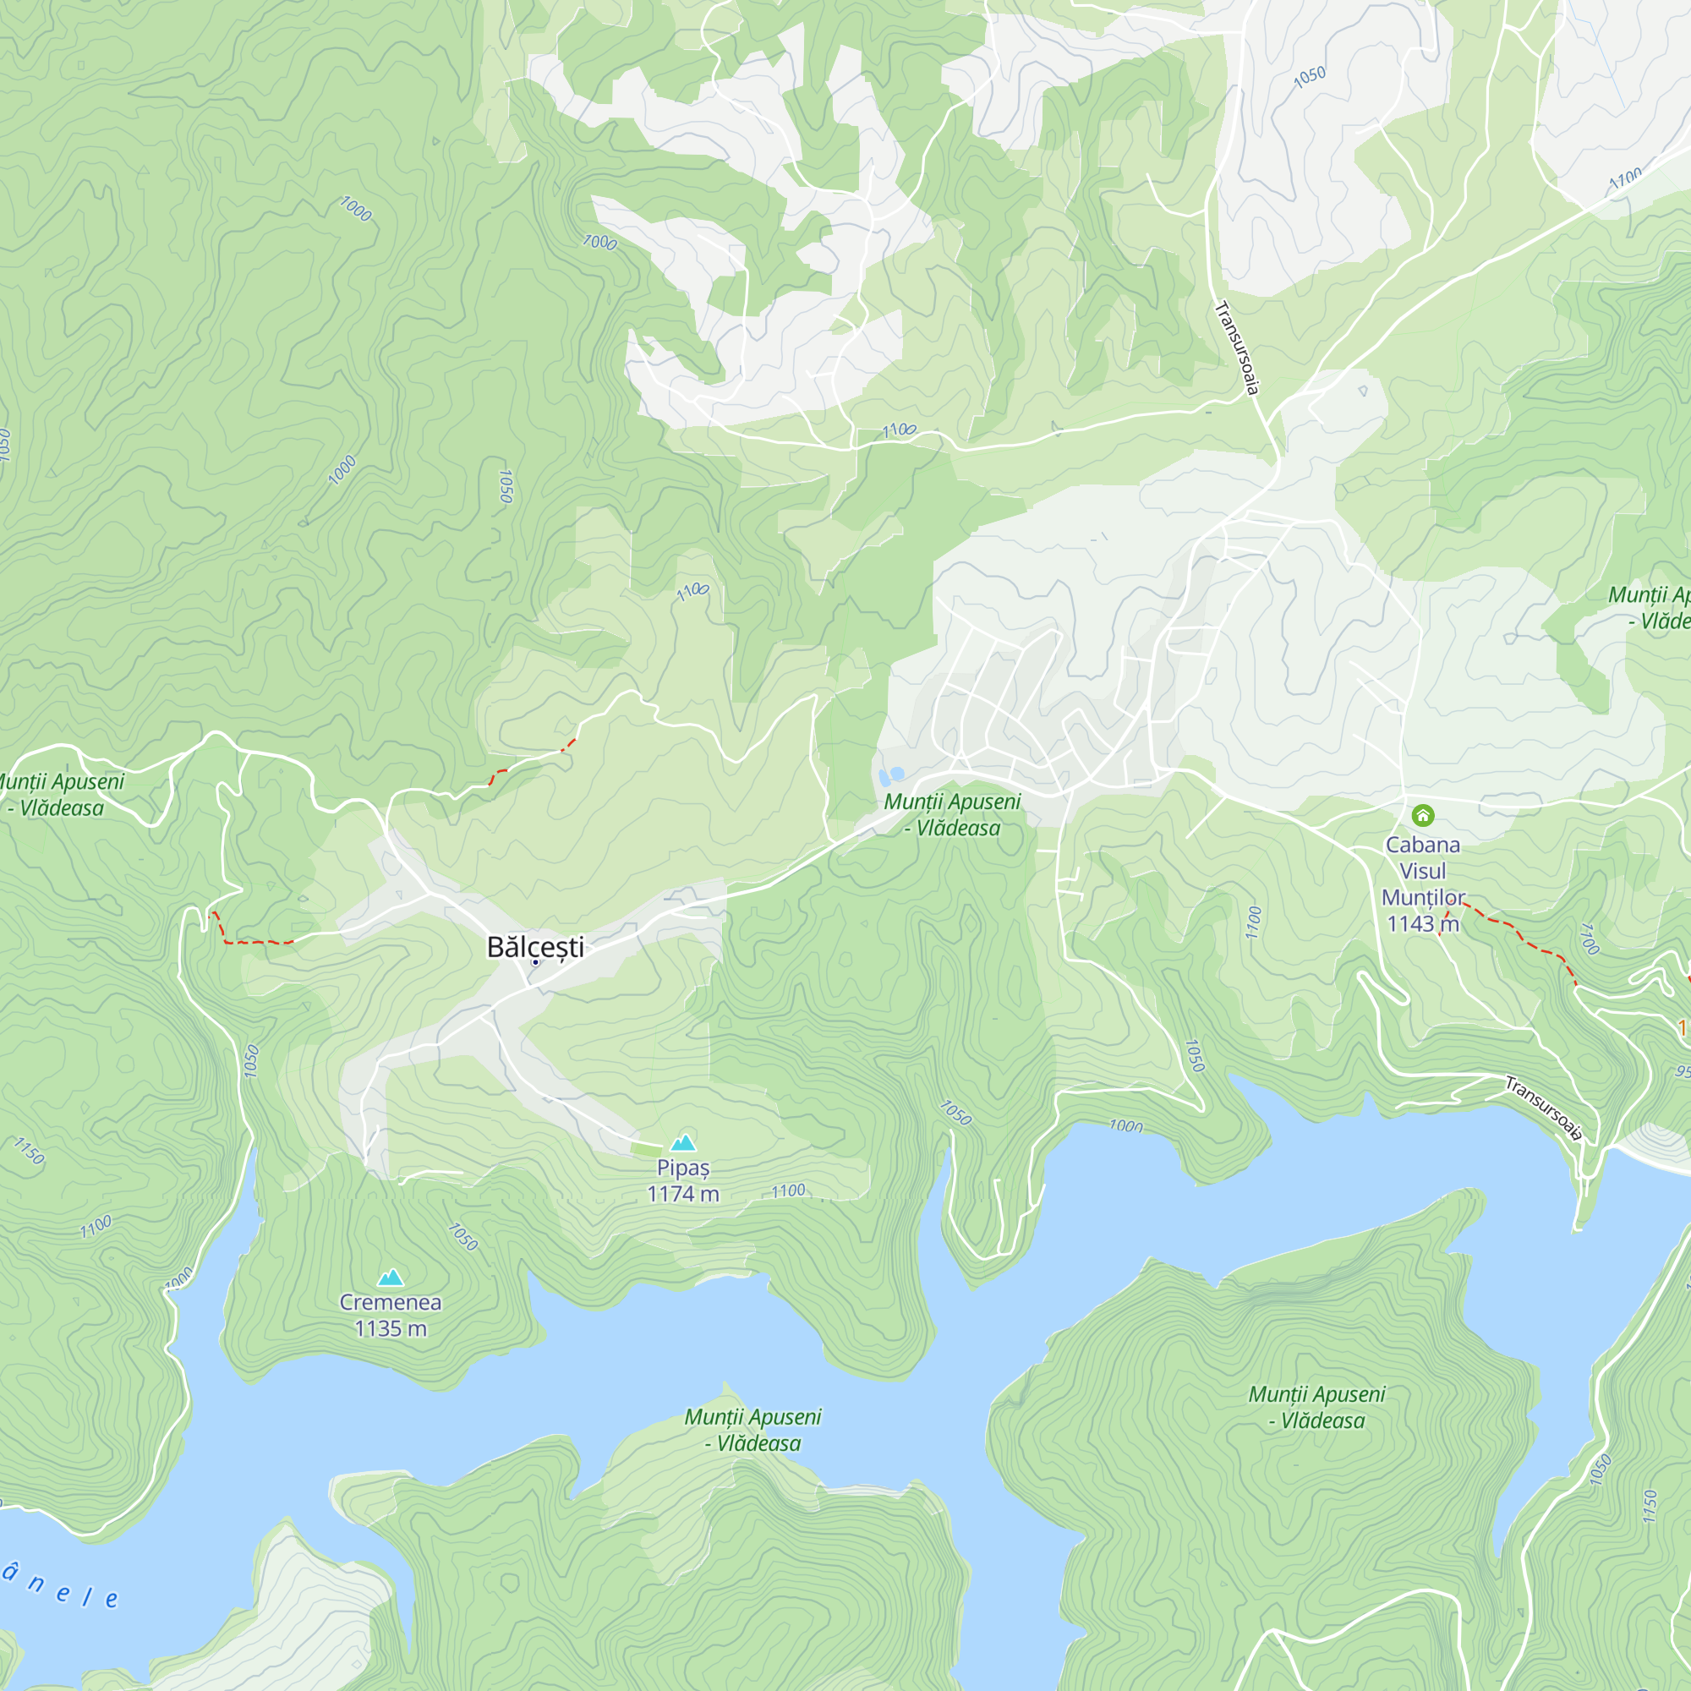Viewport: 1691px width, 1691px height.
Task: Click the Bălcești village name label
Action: [535, 947]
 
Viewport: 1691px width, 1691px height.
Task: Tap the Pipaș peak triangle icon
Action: [682, 1142]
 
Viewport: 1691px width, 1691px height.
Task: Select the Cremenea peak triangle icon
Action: [391, 1278]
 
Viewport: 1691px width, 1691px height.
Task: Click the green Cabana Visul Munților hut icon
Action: [1423, 816]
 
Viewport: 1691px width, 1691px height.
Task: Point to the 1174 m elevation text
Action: [682, 1194]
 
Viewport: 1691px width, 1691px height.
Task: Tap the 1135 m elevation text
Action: [391, 1328]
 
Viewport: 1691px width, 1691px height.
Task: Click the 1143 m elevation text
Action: [1422, 923]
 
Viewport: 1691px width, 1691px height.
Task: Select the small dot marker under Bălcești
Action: [536, 963]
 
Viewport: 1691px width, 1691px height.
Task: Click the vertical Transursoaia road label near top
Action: [1238, 348]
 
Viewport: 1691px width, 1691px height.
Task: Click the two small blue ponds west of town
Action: [891, 775]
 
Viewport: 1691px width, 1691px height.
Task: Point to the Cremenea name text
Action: [391, 1302]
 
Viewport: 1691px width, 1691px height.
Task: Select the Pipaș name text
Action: [682, 1168]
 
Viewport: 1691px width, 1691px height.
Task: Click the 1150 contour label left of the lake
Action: [29, 1150]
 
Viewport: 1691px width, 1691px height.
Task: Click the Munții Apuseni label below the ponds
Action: [952, 815]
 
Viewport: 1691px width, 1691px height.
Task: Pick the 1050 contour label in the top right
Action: [1310, 78]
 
